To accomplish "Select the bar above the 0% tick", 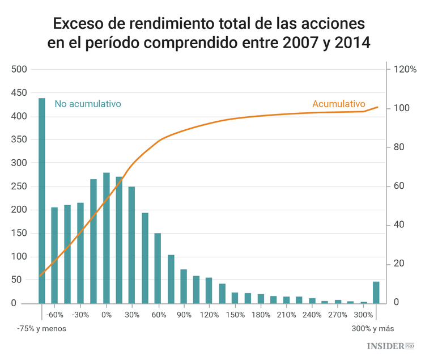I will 106,238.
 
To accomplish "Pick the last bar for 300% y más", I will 376,293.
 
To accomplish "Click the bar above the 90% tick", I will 184,286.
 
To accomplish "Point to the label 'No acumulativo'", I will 88,104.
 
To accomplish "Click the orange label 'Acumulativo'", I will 338,104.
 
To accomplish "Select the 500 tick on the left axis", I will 19,69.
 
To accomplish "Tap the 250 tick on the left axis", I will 19,186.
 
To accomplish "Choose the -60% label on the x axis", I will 54,315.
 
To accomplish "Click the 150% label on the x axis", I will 235,315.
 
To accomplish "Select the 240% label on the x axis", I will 312,315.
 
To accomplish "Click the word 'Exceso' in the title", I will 77,24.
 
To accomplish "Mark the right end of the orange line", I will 378,107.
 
